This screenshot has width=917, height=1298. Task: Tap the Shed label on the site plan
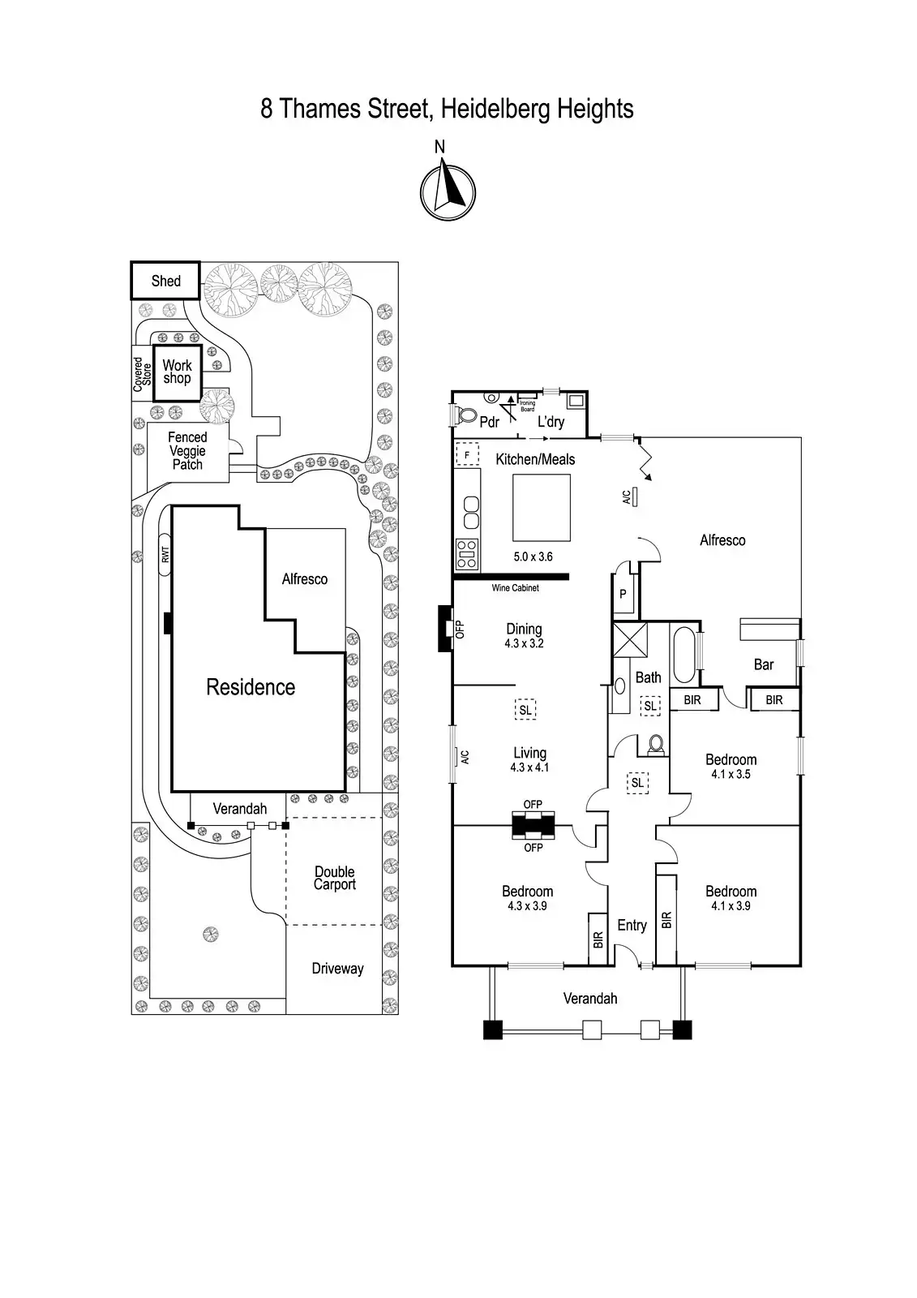coord(165,281)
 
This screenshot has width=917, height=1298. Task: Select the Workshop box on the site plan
coord(177,372)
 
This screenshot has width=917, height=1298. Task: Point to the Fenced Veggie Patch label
coord(187,451)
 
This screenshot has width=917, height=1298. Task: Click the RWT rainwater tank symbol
coord(165,555)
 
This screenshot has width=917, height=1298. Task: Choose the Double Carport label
coord(334,878)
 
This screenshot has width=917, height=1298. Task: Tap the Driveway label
coord(337,969)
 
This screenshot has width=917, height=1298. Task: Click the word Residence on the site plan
coord(251,687)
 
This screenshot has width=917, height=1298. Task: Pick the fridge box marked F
coord(467,454)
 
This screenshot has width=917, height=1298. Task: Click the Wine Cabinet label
coord(515,588)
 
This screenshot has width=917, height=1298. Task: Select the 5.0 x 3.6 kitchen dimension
coord(533,557)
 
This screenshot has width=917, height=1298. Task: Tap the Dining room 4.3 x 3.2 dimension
coord(524,643)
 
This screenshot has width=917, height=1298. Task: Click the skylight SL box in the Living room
coord(525,710)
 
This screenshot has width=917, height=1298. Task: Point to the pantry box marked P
coord(623,594)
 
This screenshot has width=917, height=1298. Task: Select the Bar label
coord(764,664)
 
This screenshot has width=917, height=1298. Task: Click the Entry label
coord(632,925)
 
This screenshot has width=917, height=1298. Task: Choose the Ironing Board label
coord(527,406)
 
